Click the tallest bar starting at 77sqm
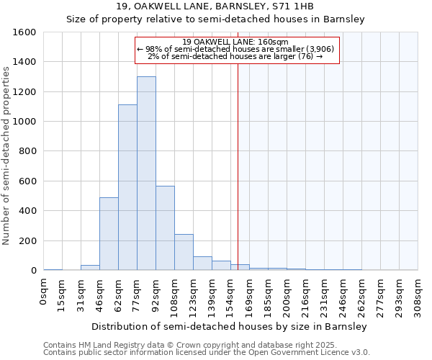tap(146, 173)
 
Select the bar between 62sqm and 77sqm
tap(127, 187)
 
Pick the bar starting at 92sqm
tap(165, 228)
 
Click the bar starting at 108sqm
tap(184, 252)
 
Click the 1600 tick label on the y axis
tap(24, 32)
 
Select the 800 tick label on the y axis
tap(27, 152)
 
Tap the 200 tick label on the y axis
tap(27, 241)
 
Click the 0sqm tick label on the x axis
tap(44, 291)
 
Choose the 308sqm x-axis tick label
tap(418, 294)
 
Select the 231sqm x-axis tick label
tap(324, 294)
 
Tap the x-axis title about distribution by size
tap(230, 326)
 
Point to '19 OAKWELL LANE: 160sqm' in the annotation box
tap(235, 42)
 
